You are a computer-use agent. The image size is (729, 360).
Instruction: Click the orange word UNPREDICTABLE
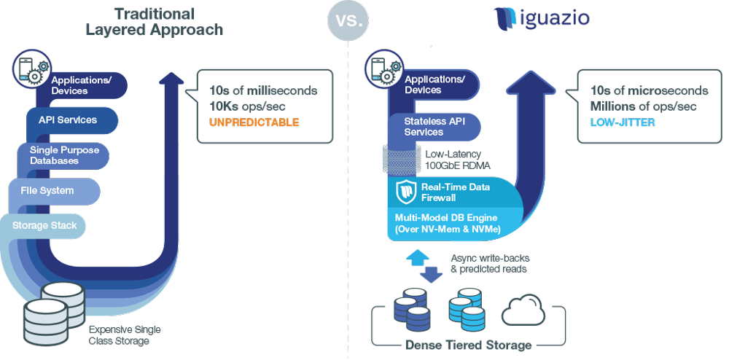[x=254, y=122]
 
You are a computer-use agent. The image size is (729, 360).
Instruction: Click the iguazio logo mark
[x=504, y=19]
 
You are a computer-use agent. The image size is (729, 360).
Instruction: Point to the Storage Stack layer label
[x=44, y=226]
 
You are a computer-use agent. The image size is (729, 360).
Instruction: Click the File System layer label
[x=47, y=190]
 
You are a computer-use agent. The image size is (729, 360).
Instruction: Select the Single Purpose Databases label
[x=64, y=155]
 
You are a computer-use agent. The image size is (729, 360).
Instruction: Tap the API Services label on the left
[x=68, y=120]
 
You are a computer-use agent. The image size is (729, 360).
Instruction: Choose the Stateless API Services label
[x=434, y=126]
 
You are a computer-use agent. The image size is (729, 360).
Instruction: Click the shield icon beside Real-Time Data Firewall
[x=405, y=192]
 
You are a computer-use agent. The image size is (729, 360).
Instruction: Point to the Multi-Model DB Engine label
[x=446, y=223]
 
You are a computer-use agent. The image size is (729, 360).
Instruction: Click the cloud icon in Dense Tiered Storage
[x=523, y=310]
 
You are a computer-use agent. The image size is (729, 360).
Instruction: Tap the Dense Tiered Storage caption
[x=468, y=345]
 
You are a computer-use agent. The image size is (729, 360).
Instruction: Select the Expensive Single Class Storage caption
[x=125, y=335]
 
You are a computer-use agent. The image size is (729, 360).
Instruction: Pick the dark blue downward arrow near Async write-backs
[x=432, y=274]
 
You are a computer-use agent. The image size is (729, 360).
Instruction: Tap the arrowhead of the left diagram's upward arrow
[x=171, y=79]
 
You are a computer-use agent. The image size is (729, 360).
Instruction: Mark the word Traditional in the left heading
[x=155, y=13]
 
